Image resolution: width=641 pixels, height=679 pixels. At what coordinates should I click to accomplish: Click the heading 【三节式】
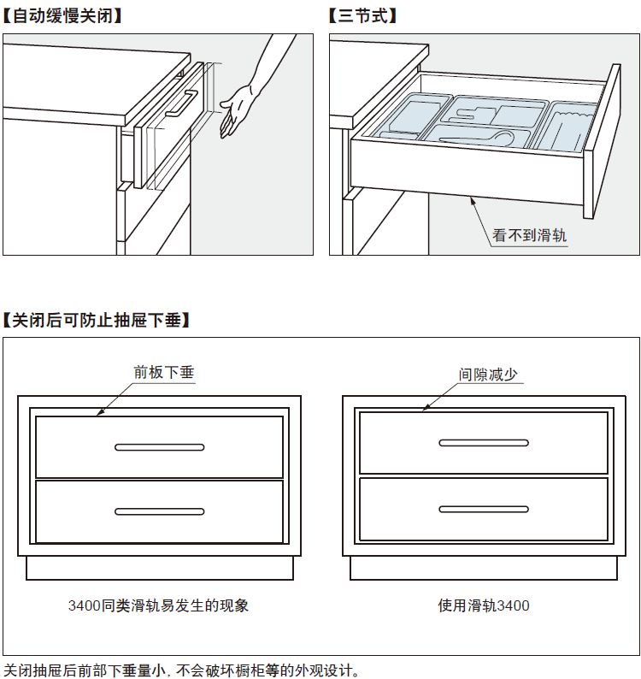click(x=362, y=16)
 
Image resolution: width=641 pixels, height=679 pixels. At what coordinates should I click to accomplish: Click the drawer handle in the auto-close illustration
click(x=182, y=104)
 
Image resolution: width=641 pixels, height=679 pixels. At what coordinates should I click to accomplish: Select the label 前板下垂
click(x=164, y=373)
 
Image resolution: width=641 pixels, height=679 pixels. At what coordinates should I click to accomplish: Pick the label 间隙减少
click(x=488, y=374)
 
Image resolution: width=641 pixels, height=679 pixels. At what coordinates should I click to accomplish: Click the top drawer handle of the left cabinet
click(x=160, y=446)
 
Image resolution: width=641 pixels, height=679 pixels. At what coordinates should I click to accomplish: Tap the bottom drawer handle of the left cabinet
click(x=160, y=511)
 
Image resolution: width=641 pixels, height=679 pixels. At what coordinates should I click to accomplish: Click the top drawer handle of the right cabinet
click(x=484, y=443)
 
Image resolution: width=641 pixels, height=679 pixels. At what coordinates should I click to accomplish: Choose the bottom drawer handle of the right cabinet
click(x=484, y=510)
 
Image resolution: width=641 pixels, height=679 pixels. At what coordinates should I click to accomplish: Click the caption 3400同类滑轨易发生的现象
click(x=159, y=605)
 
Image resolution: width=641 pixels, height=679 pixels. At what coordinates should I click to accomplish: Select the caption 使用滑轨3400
click(x=484, y=605)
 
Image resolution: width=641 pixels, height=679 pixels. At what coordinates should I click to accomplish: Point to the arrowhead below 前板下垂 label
click(x=100, y=413)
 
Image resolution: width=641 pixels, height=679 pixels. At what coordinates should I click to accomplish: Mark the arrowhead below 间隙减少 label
click(x=425, y=409)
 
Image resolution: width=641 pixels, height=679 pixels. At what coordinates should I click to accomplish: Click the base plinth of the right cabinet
click(x=484, y=567)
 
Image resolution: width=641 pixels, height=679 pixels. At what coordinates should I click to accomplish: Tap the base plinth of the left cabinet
click(x=159, y=567)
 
